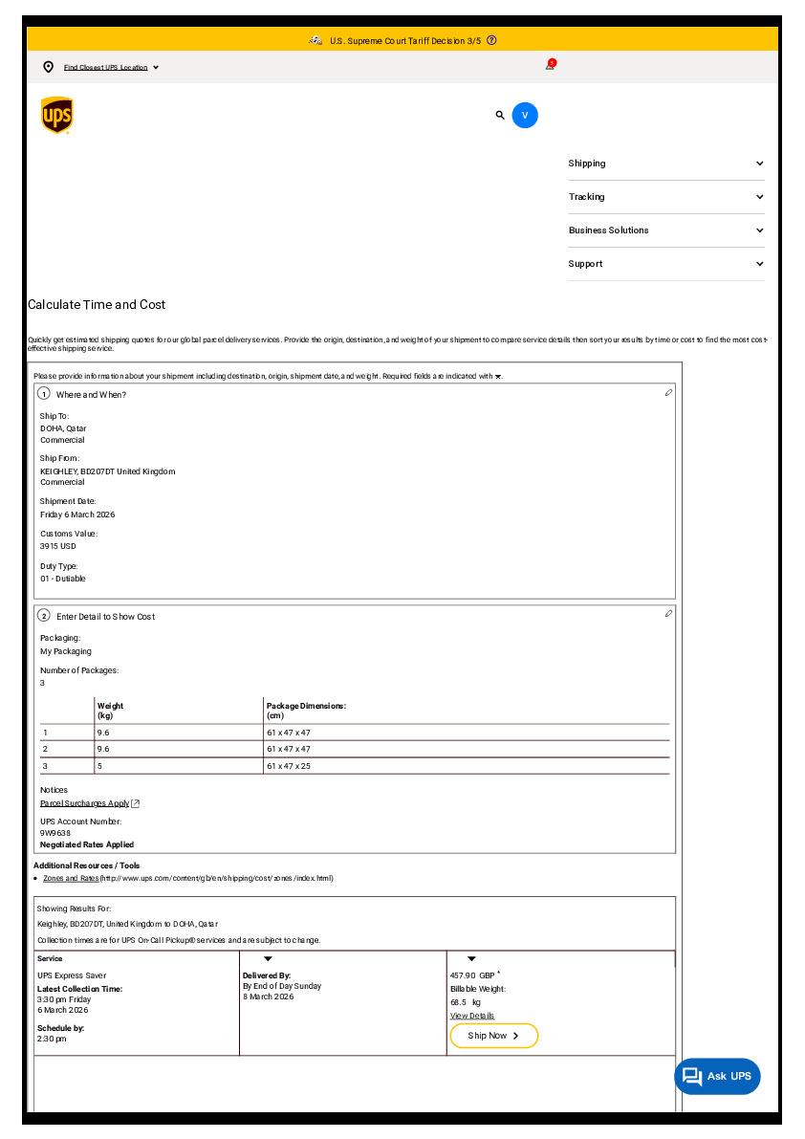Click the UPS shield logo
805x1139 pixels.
click(57, 116)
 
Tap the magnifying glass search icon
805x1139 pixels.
click(500, 115)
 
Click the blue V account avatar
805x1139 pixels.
click(525, 115)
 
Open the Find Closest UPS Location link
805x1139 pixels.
click(106, 67)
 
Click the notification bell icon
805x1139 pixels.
click(550, 65)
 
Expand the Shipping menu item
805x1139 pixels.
click(665, 164)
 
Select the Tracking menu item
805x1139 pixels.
click(665, 197)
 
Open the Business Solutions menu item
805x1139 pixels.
click(665, 230)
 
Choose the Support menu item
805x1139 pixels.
click(665, 264)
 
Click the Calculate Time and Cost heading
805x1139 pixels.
click(97, 305)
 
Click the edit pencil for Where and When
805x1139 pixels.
click(669, 392)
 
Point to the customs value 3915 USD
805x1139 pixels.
click(58, 546)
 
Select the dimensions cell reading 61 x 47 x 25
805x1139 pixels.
click(289, 766)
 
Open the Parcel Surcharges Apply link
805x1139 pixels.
click(85, 803)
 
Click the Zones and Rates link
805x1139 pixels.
click(71, 878)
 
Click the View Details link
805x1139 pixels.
click(472, 1016)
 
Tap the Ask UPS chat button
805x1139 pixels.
click(717, 1076)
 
